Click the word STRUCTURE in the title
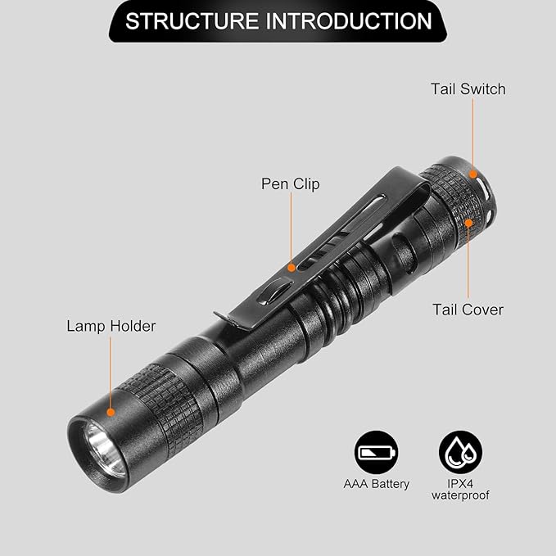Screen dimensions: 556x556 192,21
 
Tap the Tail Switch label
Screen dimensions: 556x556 468,89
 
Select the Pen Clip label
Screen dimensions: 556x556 291,184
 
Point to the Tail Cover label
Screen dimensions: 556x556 468,310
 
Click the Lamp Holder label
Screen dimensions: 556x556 111,326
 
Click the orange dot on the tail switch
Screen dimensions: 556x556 472,174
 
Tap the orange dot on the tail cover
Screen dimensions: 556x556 468,223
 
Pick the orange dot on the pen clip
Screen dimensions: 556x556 292,268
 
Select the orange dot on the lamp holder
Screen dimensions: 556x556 111,412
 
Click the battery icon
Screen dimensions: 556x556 376,452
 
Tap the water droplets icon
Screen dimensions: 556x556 460,452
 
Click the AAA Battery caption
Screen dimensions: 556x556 376,484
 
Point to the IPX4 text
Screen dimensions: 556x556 460,484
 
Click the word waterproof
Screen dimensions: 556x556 460,495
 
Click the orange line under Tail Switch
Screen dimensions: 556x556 472,134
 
